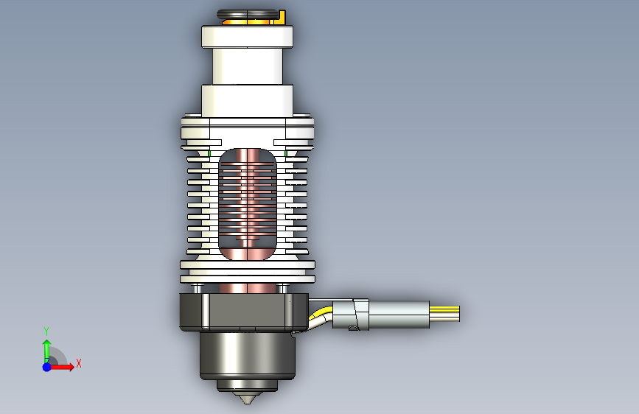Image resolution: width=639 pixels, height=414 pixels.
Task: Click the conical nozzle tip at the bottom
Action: pyautogui.click(x=247, y=398)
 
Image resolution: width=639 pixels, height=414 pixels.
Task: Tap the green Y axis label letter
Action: pyautogui.click(x=46, y=331)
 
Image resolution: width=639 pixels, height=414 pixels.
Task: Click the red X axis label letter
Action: pyautogui.click(x=79, y=363)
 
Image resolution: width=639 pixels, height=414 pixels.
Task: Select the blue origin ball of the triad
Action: pyautogui.click(x=47, y=367)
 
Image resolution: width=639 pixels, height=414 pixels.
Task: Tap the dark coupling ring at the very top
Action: pyautogui.click(x=247, y=15)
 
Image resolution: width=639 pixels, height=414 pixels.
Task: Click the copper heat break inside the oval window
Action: pyautogui.click(x=248, y=204)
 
